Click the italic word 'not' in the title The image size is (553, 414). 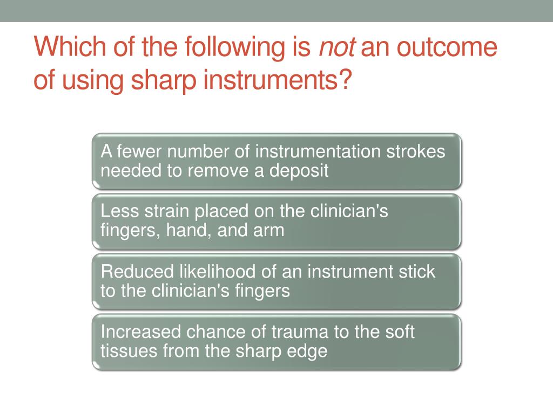point(338,48)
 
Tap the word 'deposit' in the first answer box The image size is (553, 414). point(299,171)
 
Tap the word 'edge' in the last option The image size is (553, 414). point(309,351)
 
